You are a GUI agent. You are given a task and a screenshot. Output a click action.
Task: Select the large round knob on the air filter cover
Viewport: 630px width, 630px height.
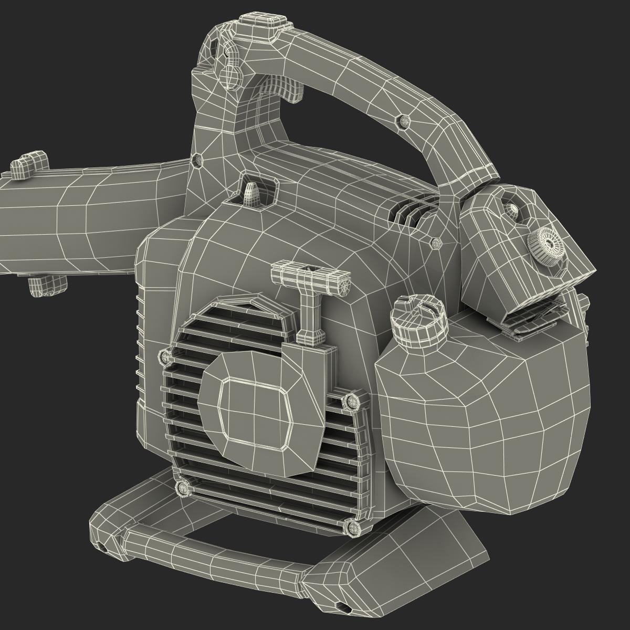547,244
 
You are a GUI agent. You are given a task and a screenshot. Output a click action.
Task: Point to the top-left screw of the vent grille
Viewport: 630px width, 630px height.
166,357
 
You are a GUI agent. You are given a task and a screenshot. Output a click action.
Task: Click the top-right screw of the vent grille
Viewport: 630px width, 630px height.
350,402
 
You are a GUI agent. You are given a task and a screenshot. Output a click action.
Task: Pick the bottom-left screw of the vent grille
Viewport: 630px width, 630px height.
183,488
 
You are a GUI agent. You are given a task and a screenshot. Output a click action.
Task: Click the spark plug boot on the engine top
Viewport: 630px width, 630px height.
251,192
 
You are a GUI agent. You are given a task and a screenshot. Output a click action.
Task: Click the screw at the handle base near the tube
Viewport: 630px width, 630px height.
197,159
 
